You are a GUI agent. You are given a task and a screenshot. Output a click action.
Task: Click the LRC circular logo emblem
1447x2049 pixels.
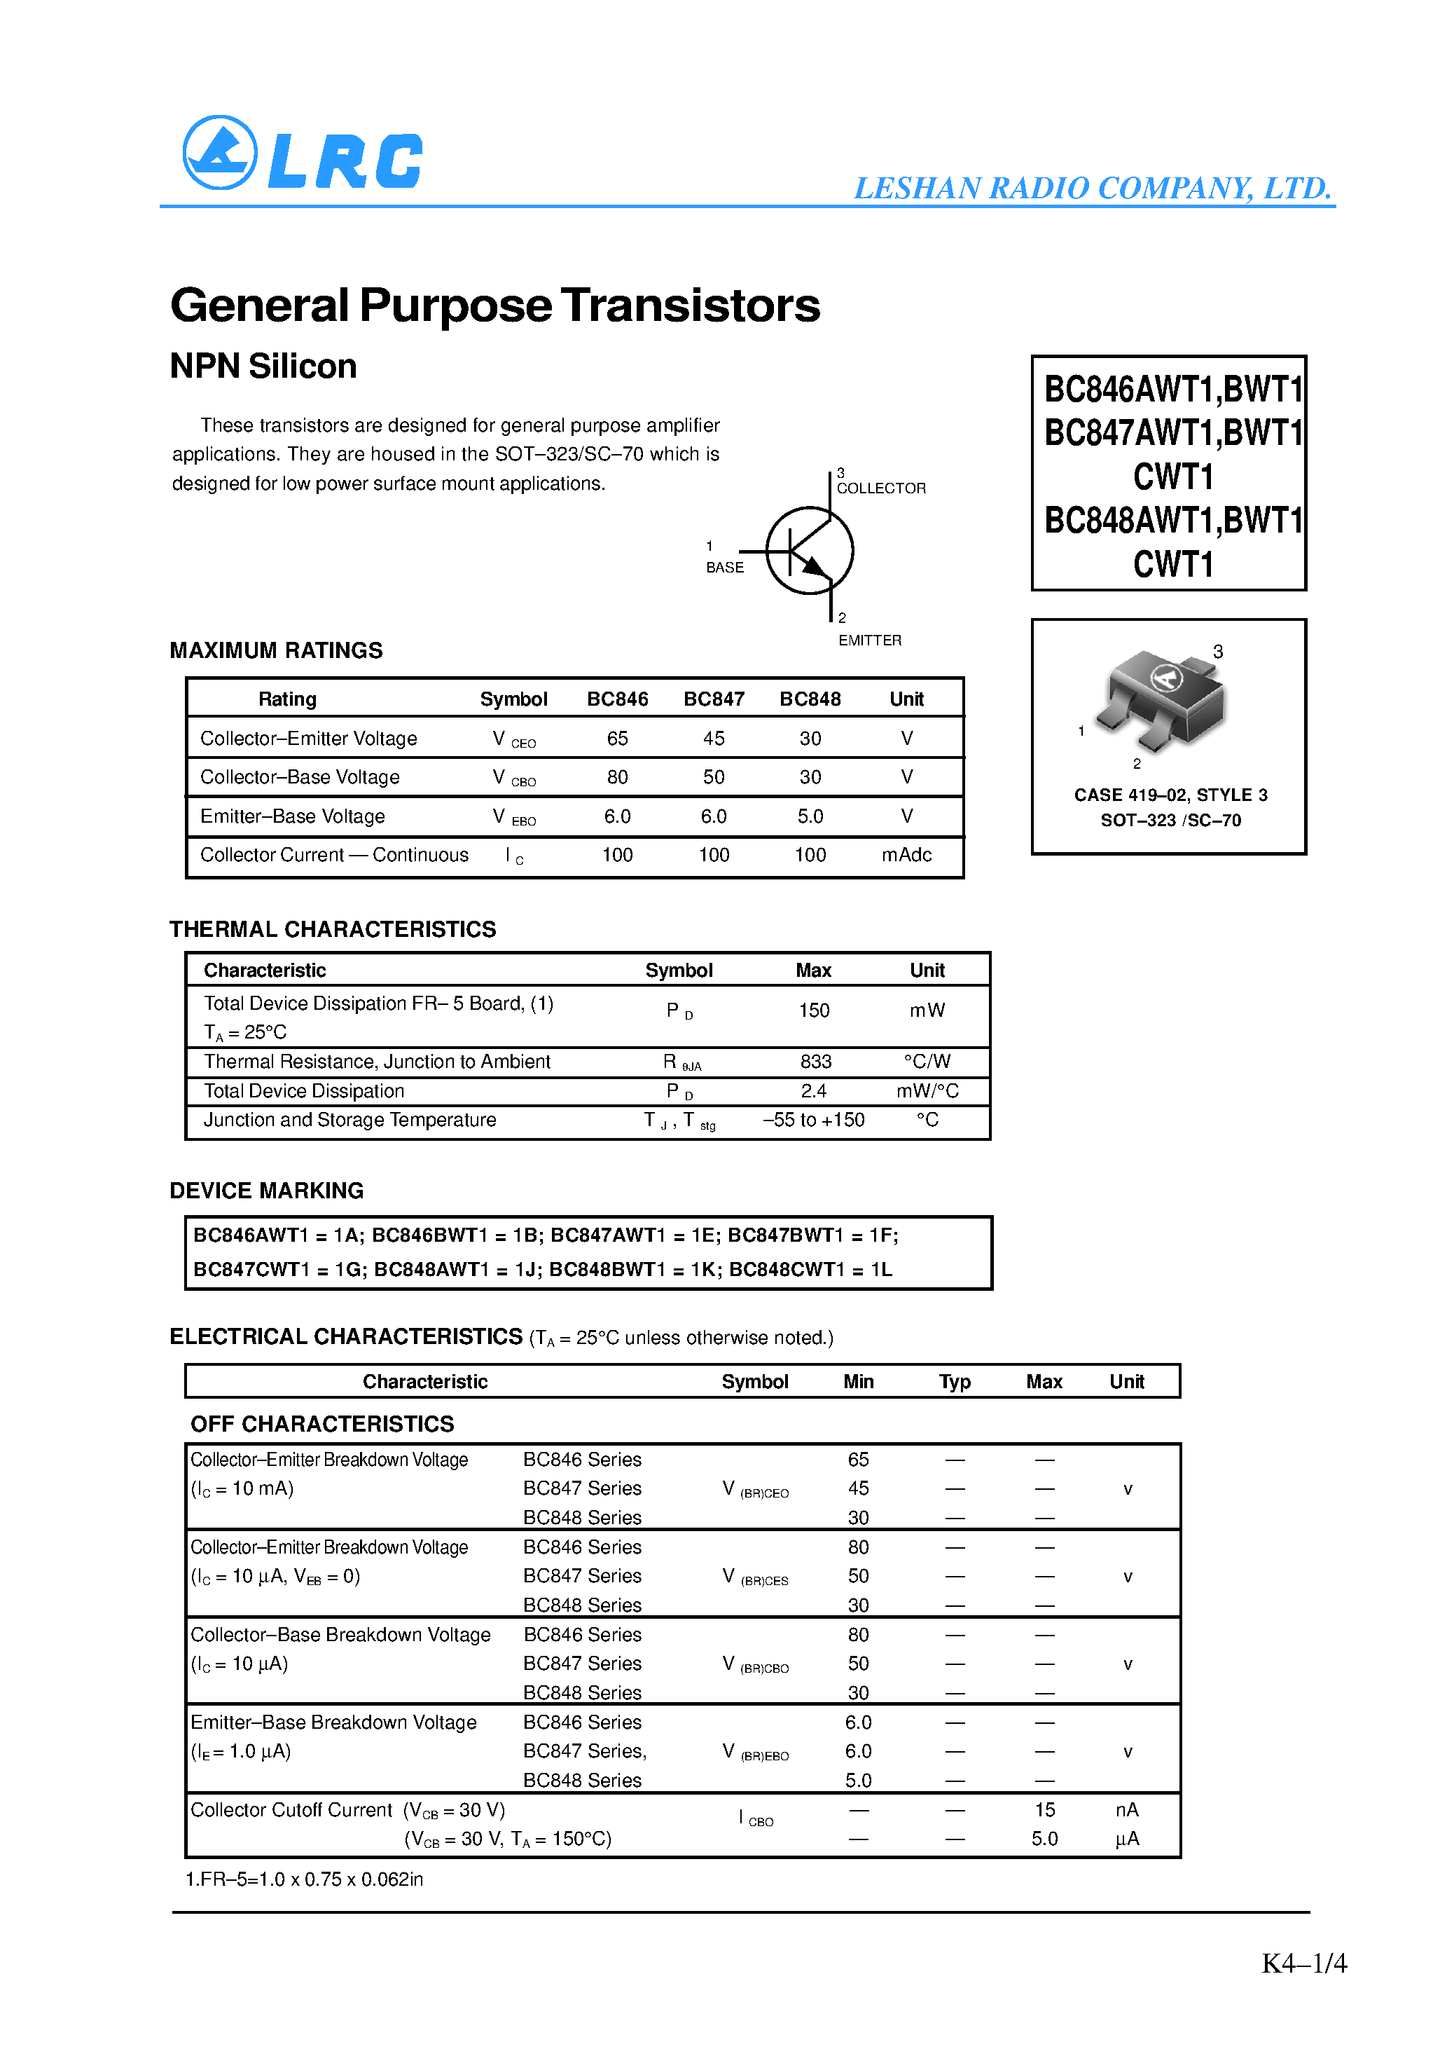tap(219, 153)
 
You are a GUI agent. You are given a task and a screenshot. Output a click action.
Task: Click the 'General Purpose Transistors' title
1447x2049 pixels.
tap(494, 306)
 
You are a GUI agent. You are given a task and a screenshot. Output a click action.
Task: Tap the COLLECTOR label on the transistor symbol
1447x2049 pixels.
tap(880, 488)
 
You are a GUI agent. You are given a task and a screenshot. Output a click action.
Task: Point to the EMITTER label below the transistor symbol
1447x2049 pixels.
tap(869, 640)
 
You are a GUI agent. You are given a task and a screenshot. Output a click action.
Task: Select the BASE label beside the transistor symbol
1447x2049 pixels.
tap(724, 568)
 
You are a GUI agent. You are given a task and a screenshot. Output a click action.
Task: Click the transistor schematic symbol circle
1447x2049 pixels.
tap(809, 551)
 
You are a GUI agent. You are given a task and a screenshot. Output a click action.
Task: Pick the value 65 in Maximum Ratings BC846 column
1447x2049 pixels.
tap(616, 738)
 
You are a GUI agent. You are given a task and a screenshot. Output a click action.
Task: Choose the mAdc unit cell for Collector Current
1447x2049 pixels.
tap(906, 855)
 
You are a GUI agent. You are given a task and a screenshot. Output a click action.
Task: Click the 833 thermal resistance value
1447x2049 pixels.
tap(815, 1061)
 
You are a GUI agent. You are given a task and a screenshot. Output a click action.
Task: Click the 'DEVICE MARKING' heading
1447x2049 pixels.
tap(266, 1191)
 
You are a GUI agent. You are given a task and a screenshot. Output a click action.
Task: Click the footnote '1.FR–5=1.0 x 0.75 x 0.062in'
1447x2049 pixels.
tap(304, 1879)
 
